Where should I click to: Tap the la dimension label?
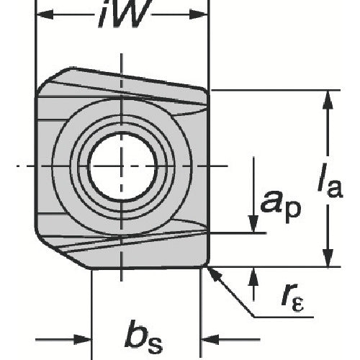tap(330, 180)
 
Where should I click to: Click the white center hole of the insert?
tap(122, 166)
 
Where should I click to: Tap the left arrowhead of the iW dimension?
tap(45, 15)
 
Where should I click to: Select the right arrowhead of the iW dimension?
tap(198, 15)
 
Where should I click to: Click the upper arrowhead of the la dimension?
tap(328, 100)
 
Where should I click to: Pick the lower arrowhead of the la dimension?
tap(328, 257)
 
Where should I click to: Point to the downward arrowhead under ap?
tap(253, 224)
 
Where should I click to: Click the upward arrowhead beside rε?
tap(253, 276)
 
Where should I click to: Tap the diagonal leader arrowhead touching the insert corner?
tap(214, 274)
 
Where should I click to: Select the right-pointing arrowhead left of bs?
tap(83, 340)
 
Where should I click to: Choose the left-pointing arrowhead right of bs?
tap(210, 340)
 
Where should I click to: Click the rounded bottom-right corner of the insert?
tap(207, 263)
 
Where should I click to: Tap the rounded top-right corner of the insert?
tap(206, 93)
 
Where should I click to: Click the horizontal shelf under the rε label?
tap(284, 318)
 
